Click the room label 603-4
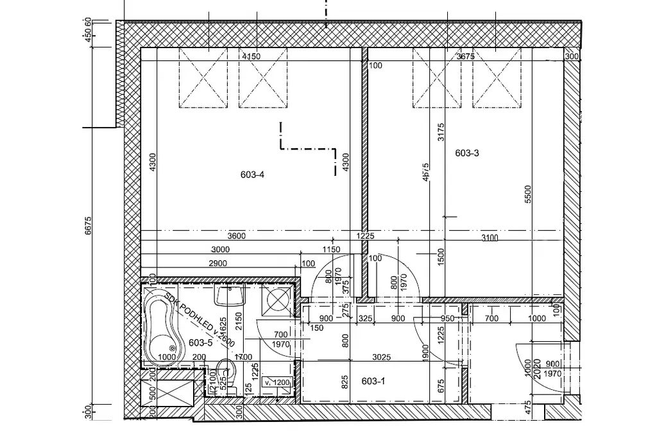tap(253, 174)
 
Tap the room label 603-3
tap(467, 153)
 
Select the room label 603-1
tap(373, 382)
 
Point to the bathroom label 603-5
tap(200, 342)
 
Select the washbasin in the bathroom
tap(230, 296)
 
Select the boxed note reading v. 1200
tap(281, 382)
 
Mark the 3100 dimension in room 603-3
tap(489, 239)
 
